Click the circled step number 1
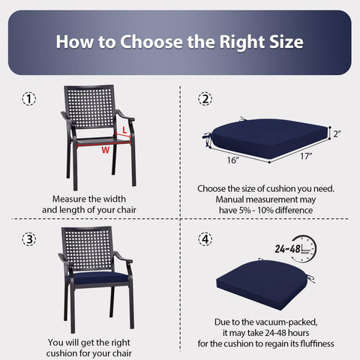pos(29,99)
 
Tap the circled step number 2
pos(205,99)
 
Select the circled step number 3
pos(29,239)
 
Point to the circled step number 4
pos(205,239)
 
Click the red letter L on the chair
pos(124,130)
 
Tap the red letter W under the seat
pos(106,150)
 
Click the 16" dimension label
pos(233,160)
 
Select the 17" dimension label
pos(306,156)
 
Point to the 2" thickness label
pos(337,134)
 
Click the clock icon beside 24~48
pos(304,249)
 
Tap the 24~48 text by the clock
pos(287,249)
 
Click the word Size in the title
pos(286,42)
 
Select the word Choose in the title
pos(151,42)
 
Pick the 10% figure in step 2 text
pos(265,210)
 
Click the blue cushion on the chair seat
pos(99,277)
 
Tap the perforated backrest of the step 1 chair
pos(89,106)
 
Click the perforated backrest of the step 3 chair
pos(87,249)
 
